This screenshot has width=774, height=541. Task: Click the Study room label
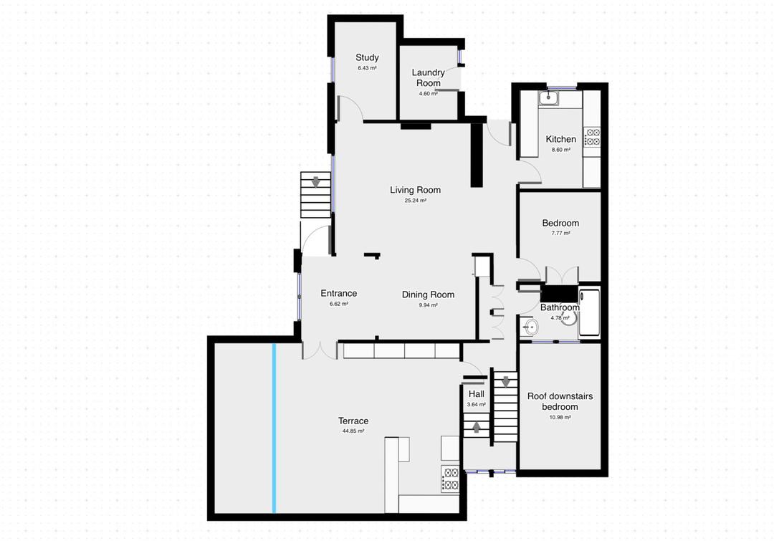[x=367, y=58]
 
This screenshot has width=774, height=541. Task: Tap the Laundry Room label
[x=428, y=77]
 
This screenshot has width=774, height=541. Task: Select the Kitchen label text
[x=560, y=139]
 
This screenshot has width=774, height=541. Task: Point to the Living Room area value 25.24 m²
[x=415, y=201]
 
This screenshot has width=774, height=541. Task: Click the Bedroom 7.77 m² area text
[x=560, y=234]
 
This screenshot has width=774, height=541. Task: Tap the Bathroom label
[x=560, y=307]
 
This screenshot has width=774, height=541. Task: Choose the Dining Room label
[x=428, y=295]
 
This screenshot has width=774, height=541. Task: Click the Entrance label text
[x=338, y=293]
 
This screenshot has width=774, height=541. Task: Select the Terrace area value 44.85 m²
[x=353, y=431]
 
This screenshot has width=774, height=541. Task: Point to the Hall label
[x=476, y=394]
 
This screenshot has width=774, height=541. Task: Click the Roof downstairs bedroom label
[x=560, y=401]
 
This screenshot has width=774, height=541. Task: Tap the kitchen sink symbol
[x=550, y=97]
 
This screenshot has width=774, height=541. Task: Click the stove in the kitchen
[x=592, y=136]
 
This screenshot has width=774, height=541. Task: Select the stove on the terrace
[x=450, y=478]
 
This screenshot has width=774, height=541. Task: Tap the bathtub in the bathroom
[x=589, y=312]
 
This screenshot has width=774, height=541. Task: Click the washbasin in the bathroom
[x=530, y=328]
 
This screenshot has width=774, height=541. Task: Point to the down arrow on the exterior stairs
[x=315, y=183]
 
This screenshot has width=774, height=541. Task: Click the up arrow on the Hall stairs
[x=476, y=428]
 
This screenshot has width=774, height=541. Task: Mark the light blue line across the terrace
[x=274, y=429]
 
